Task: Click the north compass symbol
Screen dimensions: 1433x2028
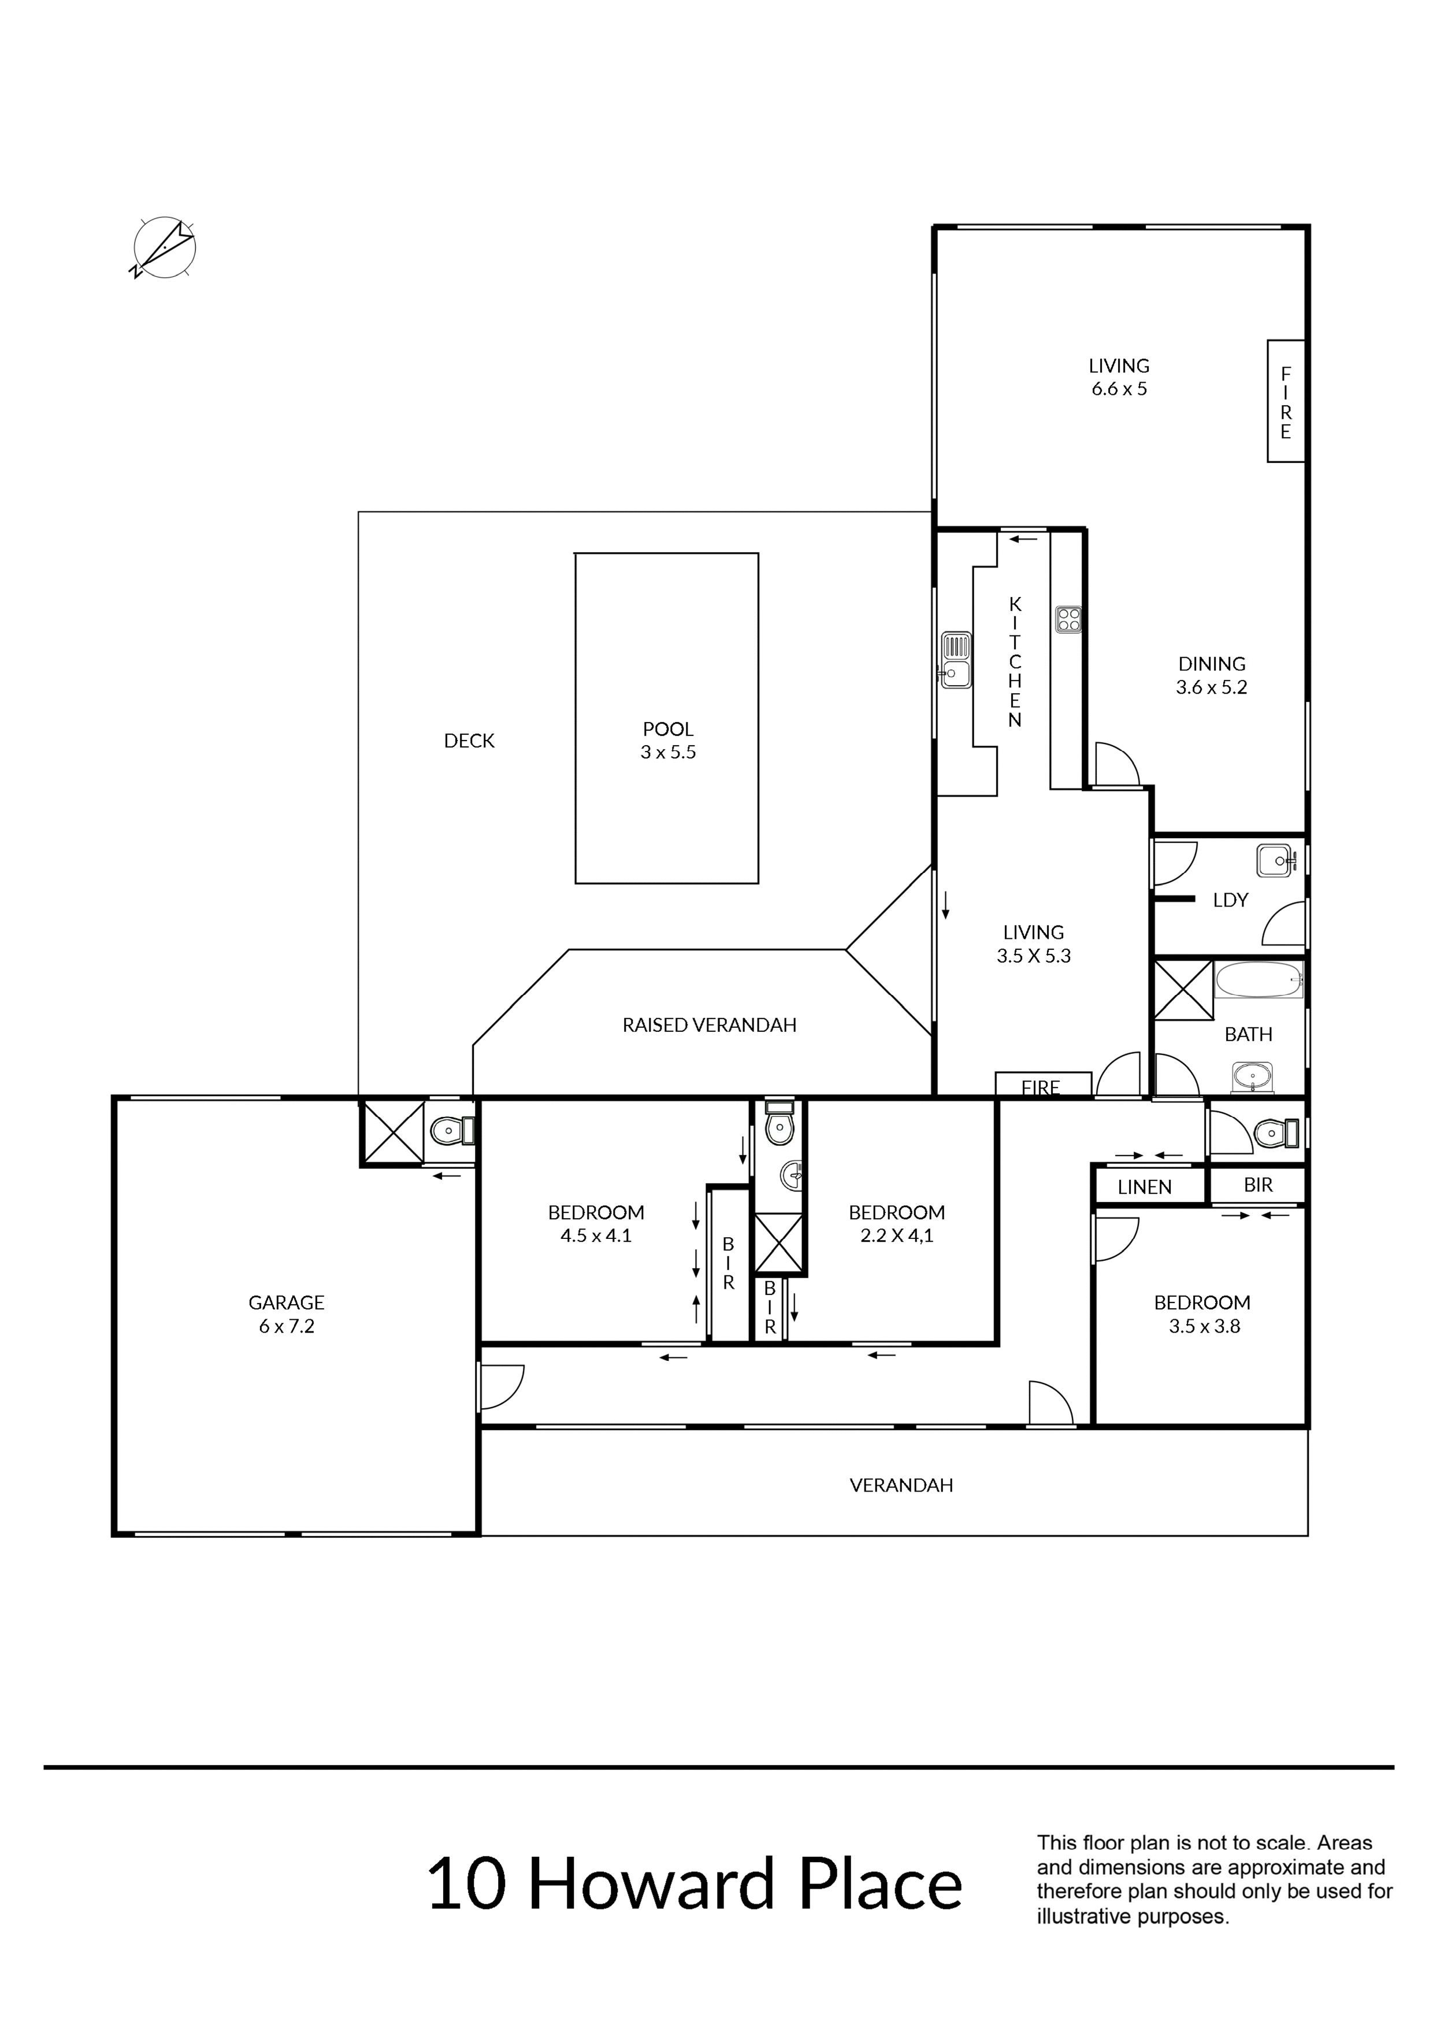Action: [x=164, y=247]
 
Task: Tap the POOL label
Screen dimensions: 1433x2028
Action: [x=669, y=730]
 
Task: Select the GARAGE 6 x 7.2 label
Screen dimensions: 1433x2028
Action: [x=286, y=1314]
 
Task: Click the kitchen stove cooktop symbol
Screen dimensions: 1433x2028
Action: [x=1068, y=619]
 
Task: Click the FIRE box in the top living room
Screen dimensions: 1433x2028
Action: [x=1286, y=401]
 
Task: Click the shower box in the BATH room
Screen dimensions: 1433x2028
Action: [x=1183, y=990]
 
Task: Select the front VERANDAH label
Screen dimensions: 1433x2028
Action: [x=901, y=1486]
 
